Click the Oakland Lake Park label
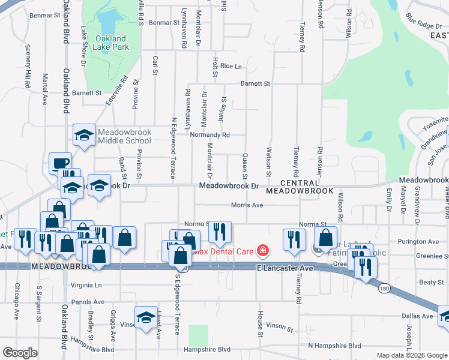coord(112,43)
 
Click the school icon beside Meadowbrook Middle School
coord(85,135)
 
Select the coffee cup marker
coord(61,163)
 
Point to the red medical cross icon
coord(262,250)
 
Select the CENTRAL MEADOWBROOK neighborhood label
coord(299,187)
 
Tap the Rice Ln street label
coord(231,66)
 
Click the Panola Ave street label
coord(88,302)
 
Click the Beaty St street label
coord(431,282)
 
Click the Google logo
coord(20,353)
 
